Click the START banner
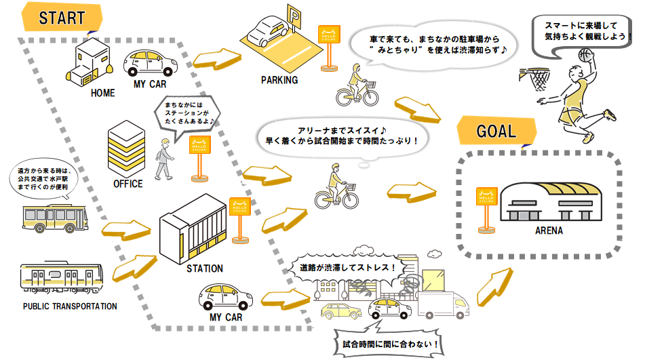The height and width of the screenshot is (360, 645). pyautogui.click(x=62, y=18)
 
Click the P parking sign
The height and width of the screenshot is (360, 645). pyautogui.click(x=294, y=15)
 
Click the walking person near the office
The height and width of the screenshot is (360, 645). pyautogui.click(x=163, y=158)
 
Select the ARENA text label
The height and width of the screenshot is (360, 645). pyautogui.click(x=547, y=232)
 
